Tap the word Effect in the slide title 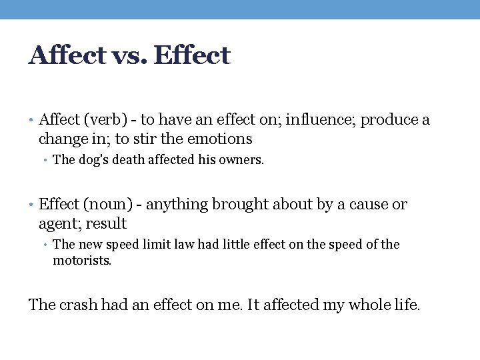point(192,55)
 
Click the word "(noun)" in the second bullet point(102,204)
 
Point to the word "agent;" point(61,223)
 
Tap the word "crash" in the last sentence point(79,305)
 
